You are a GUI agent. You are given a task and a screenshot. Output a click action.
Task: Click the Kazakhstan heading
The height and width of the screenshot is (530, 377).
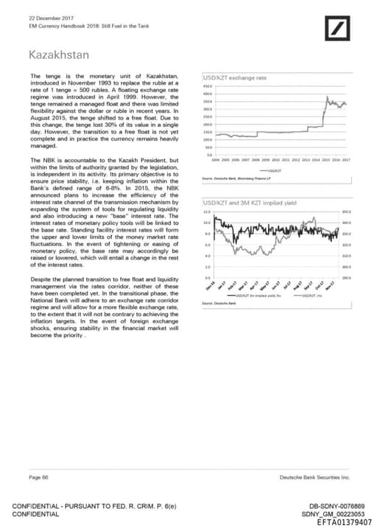tap(58, 55)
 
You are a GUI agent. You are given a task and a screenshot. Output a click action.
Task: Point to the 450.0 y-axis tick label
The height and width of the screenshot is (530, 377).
tap(207, 86)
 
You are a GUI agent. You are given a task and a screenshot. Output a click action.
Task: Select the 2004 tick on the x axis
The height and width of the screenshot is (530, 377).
tap(216, 159)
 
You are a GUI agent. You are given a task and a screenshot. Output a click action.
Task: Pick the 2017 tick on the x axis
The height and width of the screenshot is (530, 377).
tap(345, 159)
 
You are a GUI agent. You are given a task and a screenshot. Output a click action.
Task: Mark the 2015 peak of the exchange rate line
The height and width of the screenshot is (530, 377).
tap(326, 98)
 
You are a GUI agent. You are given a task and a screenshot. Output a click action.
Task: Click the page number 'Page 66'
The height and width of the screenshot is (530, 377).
tap(38, 478)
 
